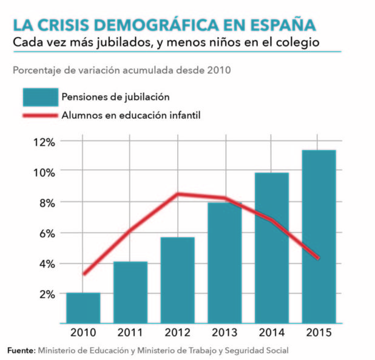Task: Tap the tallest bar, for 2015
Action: (x=319, y=236)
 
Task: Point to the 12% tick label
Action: (x=44, y=142)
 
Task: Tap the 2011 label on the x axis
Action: (x=130, y=333)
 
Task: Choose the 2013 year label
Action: (x=225, y=333)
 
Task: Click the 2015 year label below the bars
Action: (x=319, y=333)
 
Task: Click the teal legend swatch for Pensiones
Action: (x=39, y=97)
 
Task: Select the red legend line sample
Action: (x=39, y=115)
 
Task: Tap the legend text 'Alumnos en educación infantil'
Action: (x=131, y=115)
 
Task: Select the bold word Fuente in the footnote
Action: (x=21, y=350)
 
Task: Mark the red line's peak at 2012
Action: (x=177, y=194)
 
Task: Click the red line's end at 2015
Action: (x=319, y=259)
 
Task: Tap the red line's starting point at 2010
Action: (x=83, y=274)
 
